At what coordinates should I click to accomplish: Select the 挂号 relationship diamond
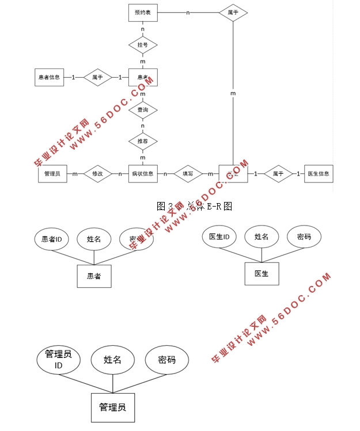point(142,45)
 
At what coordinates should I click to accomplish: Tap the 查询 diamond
point(142,109)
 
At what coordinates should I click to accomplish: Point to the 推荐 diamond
point(142,141)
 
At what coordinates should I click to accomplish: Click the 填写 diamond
point(188,173)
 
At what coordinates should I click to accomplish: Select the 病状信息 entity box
point(142,173)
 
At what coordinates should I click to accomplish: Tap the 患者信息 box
point(50,77)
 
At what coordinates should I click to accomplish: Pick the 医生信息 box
point(319,173)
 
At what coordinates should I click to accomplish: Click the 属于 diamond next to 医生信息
point(278,173)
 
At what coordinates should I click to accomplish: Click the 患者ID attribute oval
point(52,239)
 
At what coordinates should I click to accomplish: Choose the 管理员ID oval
point(58,360)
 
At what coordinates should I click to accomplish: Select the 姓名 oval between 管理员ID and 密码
point(112,360)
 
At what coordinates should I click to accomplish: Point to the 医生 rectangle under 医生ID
point(262,274)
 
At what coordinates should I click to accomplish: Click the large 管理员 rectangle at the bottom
point(112,407)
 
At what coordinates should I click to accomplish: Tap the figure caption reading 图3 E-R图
point(194,205)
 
